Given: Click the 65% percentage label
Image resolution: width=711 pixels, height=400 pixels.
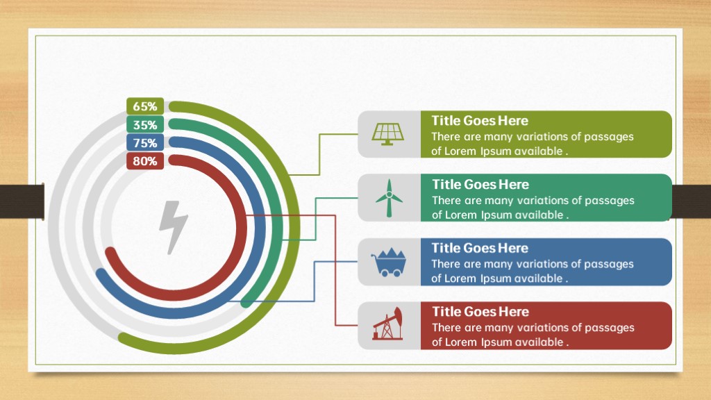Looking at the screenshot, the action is coord(145,106).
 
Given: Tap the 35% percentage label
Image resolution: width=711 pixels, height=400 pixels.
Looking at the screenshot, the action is coord(145,125).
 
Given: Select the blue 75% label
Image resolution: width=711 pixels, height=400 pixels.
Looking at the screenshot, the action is coord(145,143).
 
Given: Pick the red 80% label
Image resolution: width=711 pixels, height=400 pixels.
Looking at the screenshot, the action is coord(145,161).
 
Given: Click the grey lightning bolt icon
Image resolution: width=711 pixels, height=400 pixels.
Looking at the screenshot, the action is coord(173,227).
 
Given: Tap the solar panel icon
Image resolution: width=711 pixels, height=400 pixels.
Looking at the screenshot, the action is coord(387,134).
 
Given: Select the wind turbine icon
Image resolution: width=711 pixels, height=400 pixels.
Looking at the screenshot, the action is coord(389,198).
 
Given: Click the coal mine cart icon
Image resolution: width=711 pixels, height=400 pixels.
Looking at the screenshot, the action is coord(388,262).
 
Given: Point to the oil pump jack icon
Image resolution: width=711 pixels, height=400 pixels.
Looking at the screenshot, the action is coord(387,324).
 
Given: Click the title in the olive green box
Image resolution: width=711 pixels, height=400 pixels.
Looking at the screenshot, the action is coord(480,121).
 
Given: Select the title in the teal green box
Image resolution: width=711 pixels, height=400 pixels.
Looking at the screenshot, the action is coord(480,185).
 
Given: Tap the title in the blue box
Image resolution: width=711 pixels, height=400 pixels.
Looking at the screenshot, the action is coord(480,248).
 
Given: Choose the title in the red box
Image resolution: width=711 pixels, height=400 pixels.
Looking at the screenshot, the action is coord(480,312).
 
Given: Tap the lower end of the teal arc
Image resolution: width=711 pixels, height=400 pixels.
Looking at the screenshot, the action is coord(246,302).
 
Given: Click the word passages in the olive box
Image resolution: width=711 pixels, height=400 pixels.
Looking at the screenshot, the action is coord(609,137).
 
